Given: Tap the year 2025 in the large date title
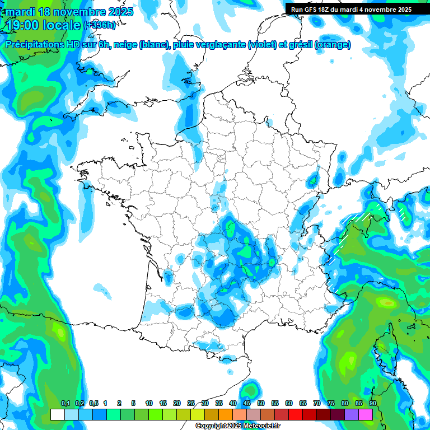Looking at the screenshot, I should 117,12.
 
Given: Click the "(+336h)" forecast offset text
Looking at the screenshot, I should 99,25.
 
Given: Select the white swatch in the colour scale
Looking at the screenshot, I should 57,415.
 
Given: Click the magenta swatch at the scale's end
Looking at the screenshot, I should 366,415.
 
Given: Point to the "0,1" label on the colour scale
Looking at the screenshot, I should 65,404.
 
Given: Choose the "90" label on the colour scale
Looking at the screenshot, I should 372,404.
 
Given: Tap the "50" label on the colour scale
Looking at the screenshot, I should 261,404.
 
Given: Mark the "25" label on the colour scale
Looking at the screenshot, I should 191,404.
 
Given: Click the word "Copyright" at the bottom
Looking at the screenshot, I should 211,426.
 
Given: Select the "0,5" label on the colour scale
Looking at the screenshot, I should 93,404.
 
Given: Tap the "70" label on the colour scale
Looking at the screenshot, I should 317,404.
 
